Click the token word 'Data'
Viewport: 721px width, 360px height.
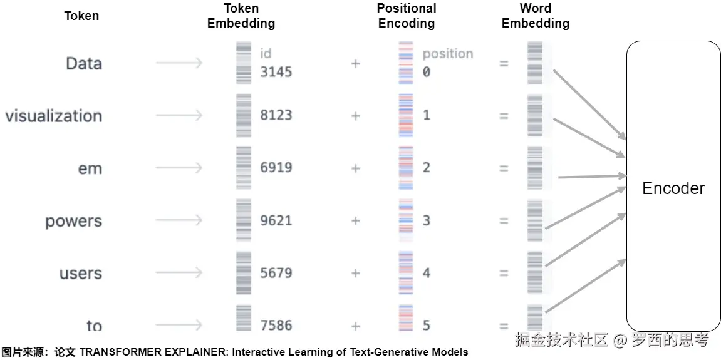click(x=83, y=63)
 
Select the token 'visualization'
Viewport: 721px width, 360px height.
click(x=53, y=116)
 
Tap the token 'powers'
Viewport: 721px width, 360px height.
click(x=73, y=221)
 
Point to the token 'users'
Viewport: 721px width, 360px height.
click(x=80, y=274)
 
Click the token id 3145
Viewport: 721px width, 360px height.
click(x=276, y=72)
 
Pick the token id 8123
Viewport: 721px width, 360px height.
click(x=276, y=115)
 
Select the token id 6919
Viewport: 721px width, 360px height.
click(x=276, y=168)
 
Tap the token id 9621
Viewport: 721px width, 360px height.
click(x=276, y=220)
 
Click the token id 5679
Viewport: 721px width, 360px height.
click(x=276, y=273)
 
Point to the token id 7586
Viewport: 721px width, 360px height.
click(x=276, y=326)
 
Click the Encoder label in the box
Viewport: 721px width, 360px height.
click(x=673, y=188)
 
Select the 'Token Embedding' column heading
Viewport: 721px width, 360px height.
click(x=241, y=16)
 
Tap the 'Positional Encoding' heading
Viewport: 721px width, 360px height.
click(x=407, y=16)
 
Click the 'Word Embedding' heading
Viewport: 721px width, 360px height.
click(x=536, y=16)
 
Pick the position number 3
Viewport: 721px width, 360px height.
click(x=427, y=220)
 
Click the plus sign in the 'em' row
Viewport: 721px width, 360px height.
click(x=356, y=168)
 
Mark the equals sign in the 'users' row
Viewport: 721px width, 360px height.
click(x=504, y=274)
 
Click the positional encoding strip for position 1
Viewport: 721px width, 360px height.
click(x=406, y=116)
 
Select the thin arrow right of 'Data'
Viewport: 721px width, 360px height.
click(x=179, y=63)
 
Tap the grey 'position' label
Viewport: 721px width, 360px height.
click(x=448, y=54)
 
